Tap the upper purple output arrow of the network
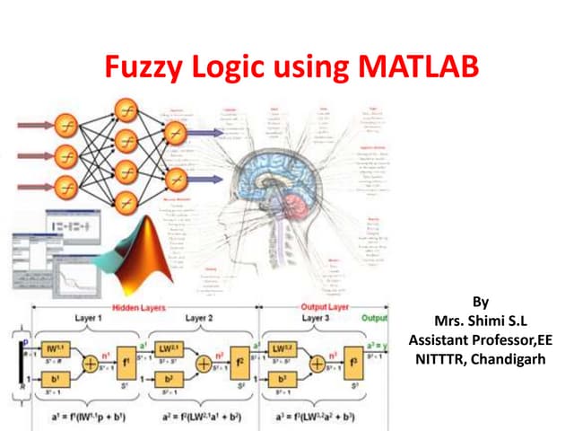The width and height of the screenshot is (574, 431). pos(202,134)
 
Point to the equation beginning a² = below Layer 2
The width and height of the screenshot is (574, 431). pos(208,414)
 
